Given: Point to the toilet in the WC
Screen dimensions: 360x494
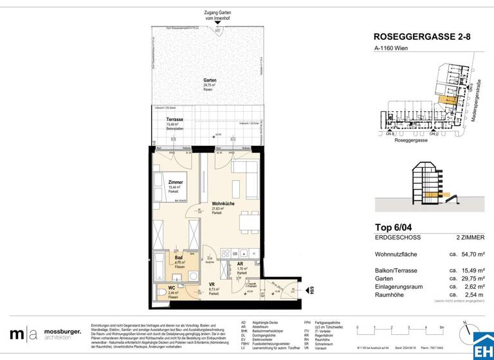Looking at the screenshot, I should coord(161,293).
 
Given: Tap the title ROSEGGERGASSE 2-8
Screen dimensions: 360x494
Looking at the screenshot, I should coord(421,37).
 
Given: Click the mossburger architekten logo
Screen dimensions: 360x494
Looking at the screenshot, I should coord(46,334).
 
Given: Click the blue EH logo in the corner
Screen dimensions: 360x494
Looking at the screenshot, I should coord(482,346).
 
